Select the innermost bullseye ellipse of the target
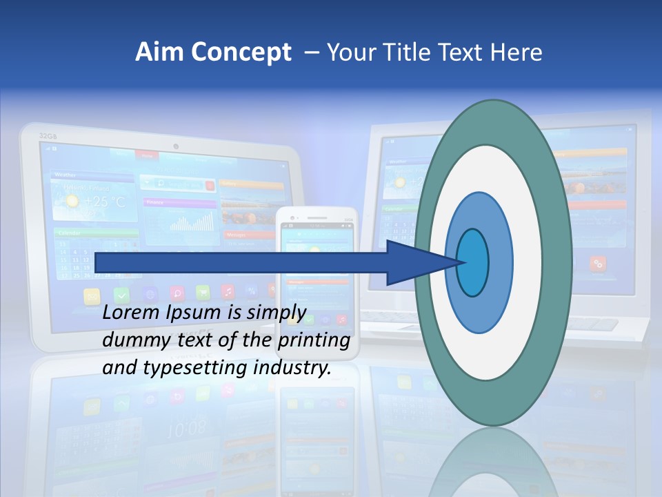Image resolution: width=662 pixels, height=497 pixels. click(473, 262)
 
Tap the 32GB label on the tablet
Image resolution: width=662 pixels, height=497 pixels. click(47, 135)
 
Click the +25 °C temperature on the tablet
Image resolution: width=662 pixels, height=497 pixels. click(105, 202)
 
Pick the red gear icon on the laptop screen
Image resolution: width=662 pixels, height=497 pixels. click(598, 263)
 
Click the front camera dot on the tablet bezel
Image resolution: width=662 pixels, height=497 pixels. click(177, 146)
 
